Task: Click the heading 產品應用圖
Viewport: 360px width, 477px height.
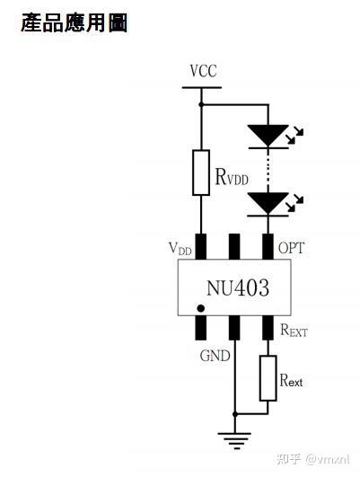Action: (x=74, y=23)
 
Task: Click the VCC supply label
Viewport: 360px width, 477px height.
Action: (x=203, y=72)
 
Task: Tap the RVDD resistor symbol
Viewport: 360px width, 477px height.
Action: (x=201, y=172)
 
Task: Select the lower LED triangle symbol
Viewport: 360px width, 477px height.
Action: (x=268, y=203)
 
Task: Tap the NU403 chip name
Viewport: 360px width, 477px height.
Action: (x=236, y=288)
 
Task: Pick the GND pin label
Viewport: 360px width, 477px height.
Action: (x=215, y=354)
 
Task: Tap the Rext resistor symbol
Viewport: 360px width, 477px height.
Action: (x=268, y=377)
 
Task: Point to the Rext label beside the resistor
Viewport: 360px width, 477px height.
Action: (x=291, y=381)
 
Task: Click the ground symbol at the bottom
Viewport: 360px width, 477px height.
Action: (x=235, y=441)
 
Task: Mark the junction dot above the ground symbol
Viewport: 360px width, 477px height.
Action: (x=235, y=414)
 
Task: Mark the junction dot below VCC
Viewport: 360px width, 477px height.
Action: (x=201, y=104)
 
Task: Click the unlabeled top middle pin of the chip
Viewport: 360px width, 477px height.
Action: (x=234, y=245)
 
